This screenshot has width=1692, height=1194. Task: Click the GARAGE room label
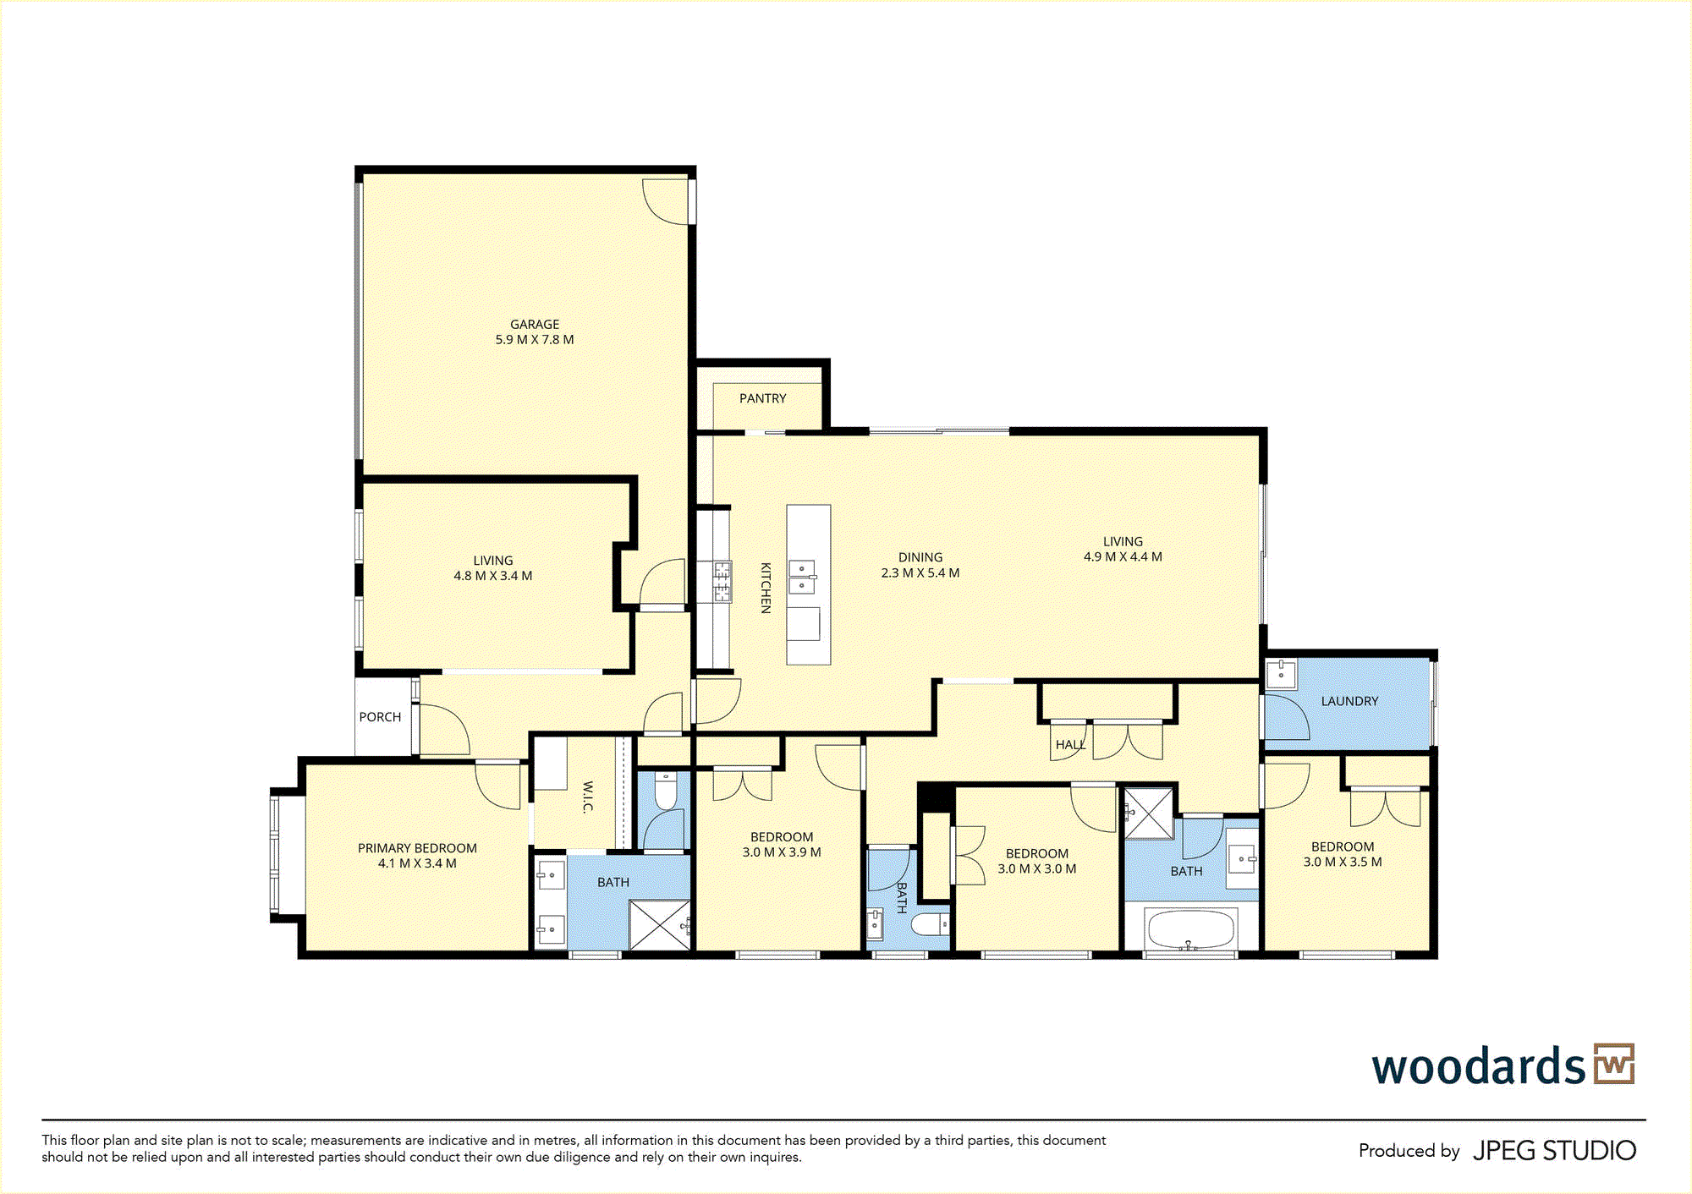pyautogui.click(x=535, y=325)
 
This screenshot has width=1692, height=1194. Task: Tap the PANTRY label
pyautogui.click(x=762, y=398)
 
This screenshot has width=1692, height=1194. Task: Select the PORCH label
pyautogui.click(x=380, y=717)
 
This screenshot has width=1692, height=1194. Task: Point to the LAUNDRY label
pyautogui.click(x=1349, y=701)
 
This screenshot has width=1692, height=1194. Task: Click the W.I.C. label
pyautogui.click(x=588, y=797)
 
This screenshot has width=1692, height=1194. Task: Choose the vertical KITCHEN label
pyautogui.click(x=766, y=588)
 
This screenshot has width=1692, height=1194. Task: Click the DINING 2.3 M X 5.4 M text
pyautogui.click(x=920, y=565)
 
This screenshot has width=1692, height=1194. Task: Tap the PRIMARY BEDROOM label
pyautogui.click(x=417, y=848)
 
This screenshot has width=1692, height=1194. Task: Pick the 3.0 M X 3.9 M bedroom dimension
pyautogui.click(x=782, y=852)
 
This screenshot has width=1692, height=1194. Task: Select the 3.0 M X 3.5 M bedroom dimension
pyautogui.click(x=1343, y=862)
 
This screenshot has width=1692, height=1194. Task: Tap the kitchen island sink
pyautogui.click(x=802, y=577)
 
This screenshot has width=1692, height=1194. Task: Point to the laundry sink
pyautogui.click(x=1282, y=675)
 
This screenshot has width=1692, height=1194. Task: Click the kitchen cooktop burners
pyautogui.click(x=722, y=582)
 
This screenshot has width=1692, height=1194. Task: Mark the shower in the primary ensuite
pyautogui.click(x=661, y=925)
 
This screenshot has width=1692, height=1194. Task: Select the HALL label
pyautogui.click(x=1070, y=745)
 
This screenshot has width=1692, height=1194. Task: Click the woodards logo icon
pyautogui.click(x=1614, y=1064)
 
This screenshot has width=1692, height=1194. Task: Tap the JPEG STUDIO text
pyautogui.click(x=1555, y=1151)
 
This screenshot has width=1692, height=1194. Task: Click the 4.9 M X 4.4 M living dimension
pyautogui.click(x=1123, y=556)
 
